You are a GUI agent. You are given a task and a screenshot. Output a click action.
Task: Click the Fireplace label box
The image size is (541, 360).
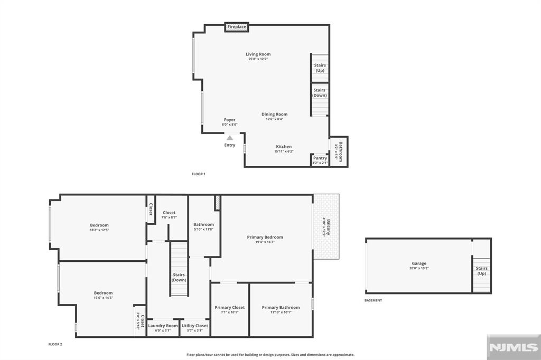(237, 27)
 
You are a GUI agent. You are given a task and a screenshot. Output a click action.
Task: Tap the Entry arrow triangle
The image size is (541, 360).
(230, 138)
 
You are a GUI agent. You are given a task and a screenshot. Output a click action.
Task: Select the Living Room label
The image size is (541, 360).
(258, 54)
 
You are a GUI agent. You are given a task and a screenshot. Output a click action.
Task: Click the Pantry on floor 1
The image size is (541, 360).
(320, 160)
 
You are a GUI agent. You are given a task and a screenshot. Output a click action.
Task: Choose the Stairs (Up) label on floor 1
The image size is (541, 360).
(320, 68)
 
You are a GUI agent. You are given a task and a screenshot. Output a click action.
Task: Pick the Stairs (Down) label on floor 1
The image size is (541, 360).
(320, 92)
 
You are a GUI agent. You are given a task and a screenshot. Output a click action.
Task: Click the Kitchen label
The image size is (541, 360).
(284, 147)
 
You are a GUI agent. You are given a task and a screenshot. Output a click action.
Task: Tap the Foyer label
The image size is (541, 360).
(229, 120)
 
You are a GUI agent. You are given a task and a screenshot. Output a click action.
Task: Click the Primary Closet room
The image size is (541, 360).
(230, 309)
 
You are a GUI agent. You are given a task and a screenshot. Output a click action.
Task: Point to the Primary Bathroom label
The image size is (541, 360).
(281, 307)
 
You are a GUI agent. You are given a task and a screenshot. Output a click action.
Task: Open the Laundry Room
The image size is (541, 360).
(163, 327)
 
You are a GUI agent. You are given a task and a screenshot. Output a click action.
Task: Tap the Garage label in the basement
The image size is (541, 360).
(419, 263)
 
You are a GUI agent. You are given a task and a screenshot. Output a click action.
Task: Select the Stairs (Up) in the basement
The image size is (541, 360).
(482, 270)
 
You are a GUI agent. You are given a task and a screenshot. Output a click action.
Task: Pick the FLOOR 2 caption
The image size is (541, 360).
(55, 344)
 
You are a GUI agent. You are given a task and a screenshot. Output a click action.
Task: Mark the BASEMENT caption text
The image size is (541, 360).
(373, 300)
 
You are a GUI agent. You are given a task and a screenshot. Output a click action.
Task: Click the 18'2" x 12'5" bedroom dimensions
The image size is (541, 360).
(99, 230)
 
